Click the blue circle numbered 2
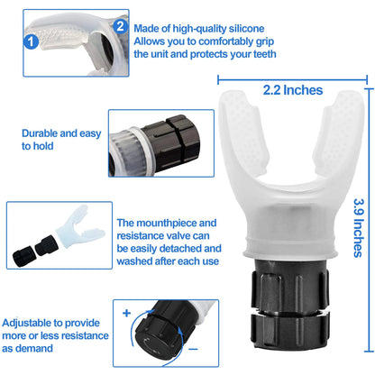pos(122,29)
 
